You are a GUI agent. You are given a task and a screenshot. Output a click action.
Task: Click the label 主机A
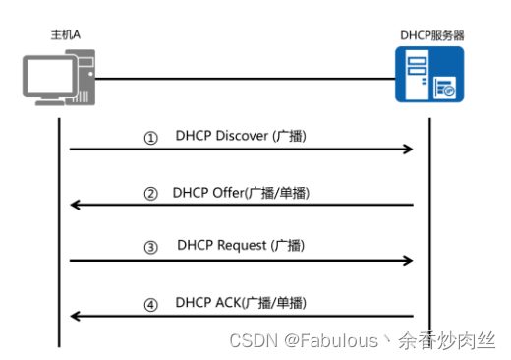66,34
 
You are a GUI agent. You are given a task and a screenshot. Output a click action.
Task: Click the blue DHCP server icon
430,77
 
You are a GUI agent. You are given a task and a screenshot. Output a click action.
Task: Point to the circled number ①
150,139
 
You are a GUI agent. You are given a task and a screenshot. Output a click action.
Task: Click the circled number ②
150,194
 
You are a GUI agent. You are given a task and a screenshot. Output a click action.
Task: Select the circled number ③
150,248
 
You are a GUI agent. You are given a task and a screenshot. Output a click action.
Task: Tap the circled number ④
150,305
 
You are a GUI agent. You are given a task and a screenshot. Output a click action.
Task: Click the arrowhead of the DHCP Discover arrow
408,150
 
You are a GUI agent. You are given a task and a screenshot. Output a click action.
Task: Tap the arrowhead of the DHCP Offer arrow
74,205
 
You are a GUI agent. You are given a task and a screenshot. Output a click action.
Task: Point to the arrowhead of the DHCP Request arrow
408,261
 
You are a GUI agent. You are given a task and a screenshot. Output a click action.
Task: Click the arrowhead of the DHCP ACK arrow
74,317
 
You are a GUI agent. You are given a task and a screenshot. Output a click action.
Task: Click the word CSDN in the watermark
250,340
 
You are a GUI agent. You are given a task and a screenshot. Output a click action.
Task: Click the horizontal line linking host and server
246,78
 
